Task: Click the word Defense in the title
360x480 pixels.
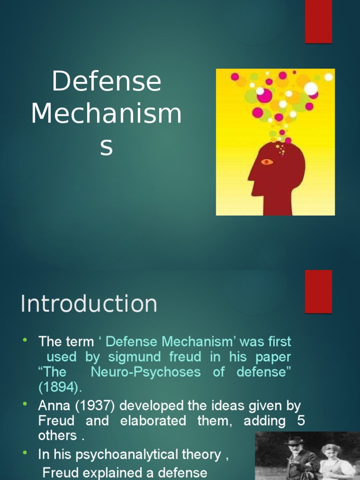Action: (106, 82)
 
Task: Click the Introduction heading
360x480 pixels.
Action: (89, 304)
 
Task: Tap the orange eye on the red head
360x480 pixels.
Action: (267, 162)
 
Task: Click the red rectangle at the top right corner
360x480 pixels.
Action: (318, 21)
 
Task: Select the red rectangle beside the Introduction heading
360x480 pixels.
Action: (318, 291)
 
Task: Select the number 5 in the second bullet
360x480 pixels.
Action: (300, 420)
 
